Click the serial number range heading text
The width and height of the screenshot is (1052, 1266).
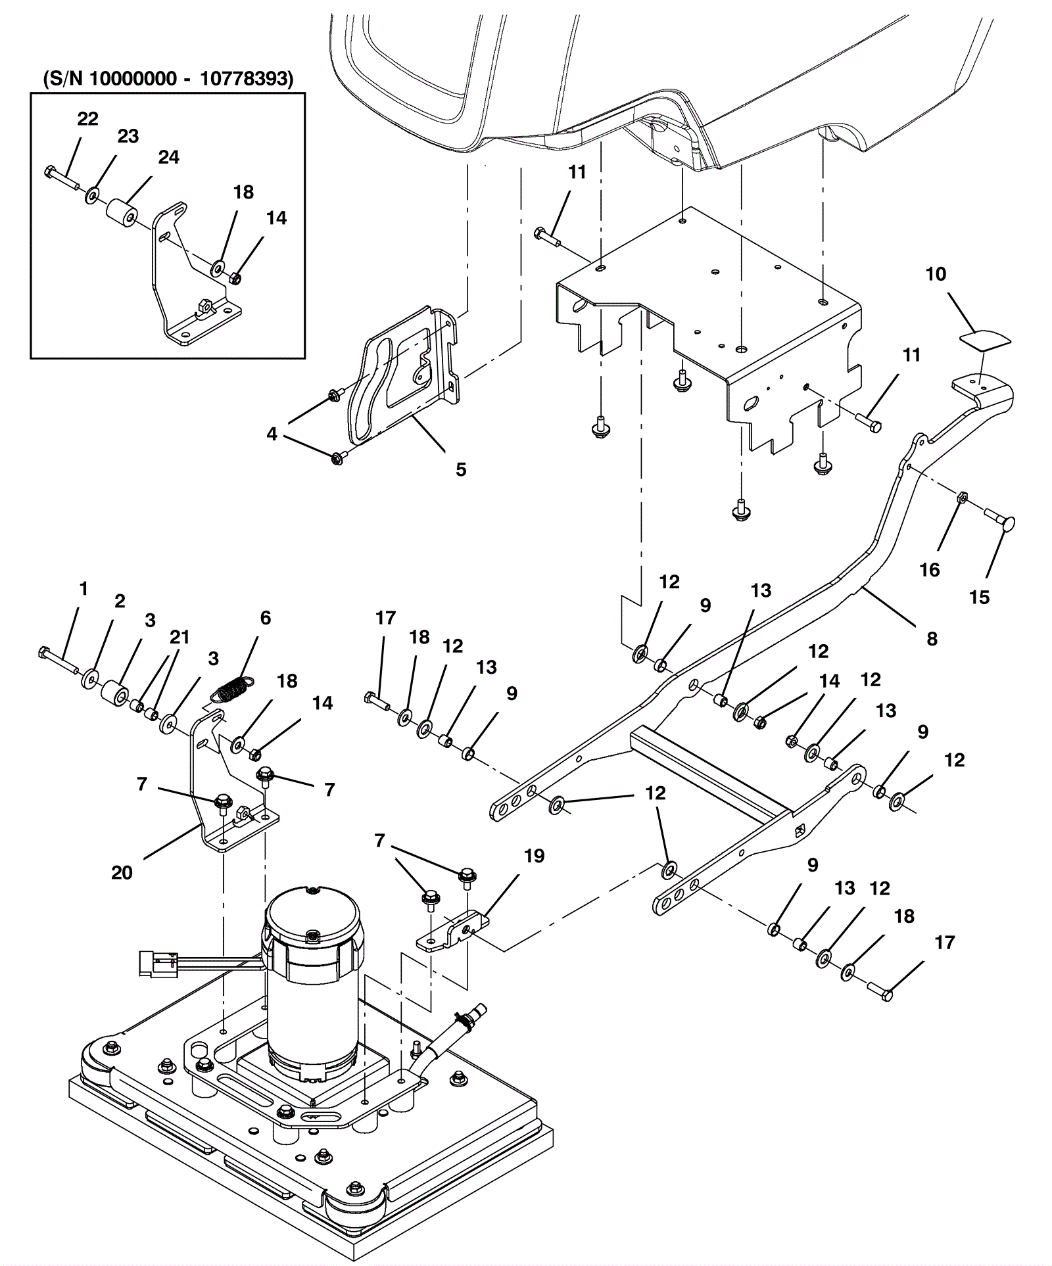click(168, 79)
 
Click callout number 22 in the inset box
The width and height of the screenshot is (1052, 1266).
click(87, 119)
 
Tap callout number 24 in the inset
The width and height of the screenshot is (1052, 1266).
click(168, 157)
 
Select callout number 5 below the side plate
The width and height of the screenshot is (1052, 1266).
click(461, 469)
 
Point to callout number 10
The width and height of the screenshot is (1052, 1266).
click(936, 274)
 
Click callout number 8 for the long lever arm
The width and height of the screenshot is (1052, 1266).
click(932, 638)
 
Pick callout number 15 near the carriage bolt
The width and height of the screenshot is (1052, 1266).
click(980, 598)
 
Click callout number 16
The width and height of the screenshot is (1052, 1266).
click(929, 570)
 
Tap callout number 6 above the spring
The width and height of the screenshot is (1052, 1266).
click(265, 618)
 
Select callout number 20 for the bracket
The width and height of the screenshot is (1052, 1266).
click(122, 873)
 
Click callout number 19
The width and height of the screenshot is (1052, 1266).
click(534, 856)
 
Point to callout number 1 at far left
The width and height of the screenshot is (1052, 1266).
click(83, 589)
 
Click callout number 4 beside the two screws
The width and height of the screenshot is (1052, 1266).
click(272, 434)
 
